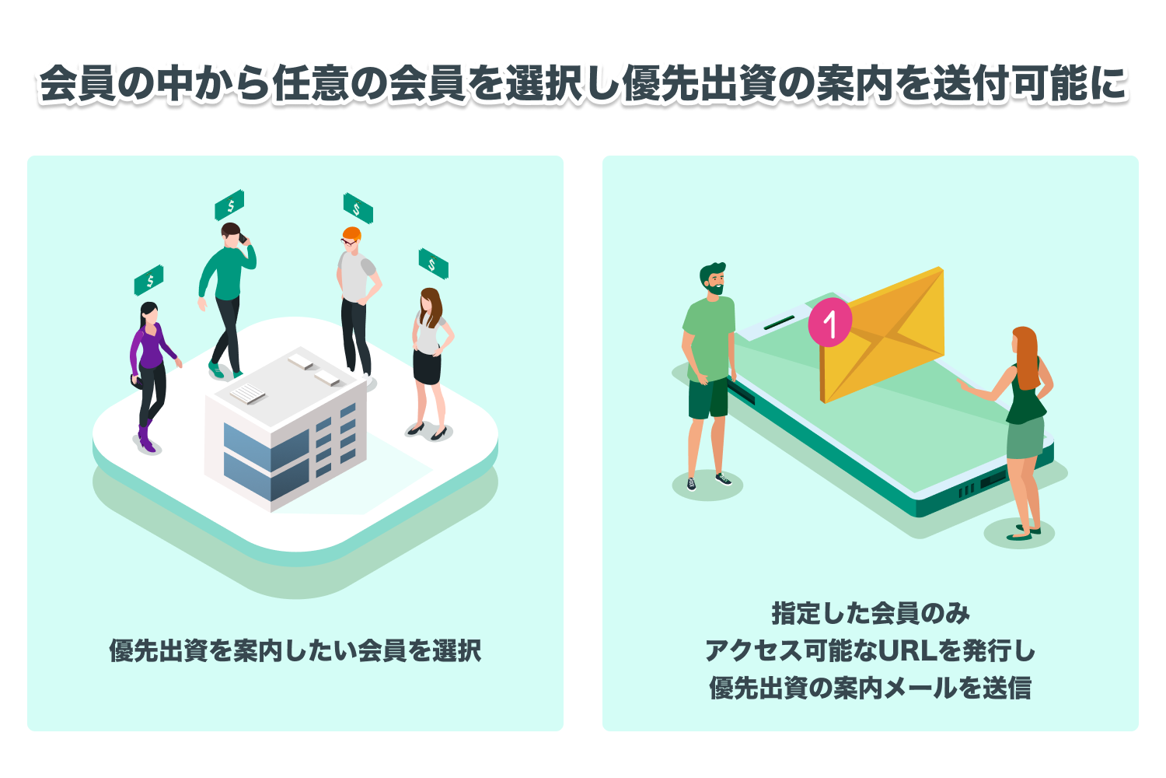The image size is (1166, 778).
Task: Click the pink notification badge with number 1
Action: coord(830,322)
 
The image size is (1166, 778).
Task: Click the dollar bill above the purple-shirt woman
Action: coord(149,280)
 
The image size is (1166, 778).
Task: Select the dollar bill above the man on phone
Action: coord(230,205)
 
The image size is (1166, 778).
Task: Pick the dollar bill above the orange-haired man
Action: coord(358,209)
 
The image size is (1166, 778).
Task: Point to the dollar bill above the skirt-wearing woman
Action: coord(433,265)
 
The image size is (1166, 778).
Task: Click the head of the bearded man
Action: coord(713,279)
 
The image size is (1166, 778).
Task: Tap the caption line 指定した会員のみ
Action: coord(871,614)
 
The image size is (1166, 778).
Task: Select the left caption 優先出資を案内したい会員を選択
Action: coord(295,650)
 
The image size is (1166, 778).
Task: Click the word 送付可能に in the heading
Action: coord(1030,84)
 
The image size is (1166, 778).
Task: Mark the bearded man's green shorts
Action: coord(707,398)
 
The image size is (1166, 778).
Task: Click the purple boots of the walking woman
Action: coord(145,440)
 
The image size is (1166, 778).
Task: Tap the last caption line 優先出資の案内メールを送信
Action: coord(871,688)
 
